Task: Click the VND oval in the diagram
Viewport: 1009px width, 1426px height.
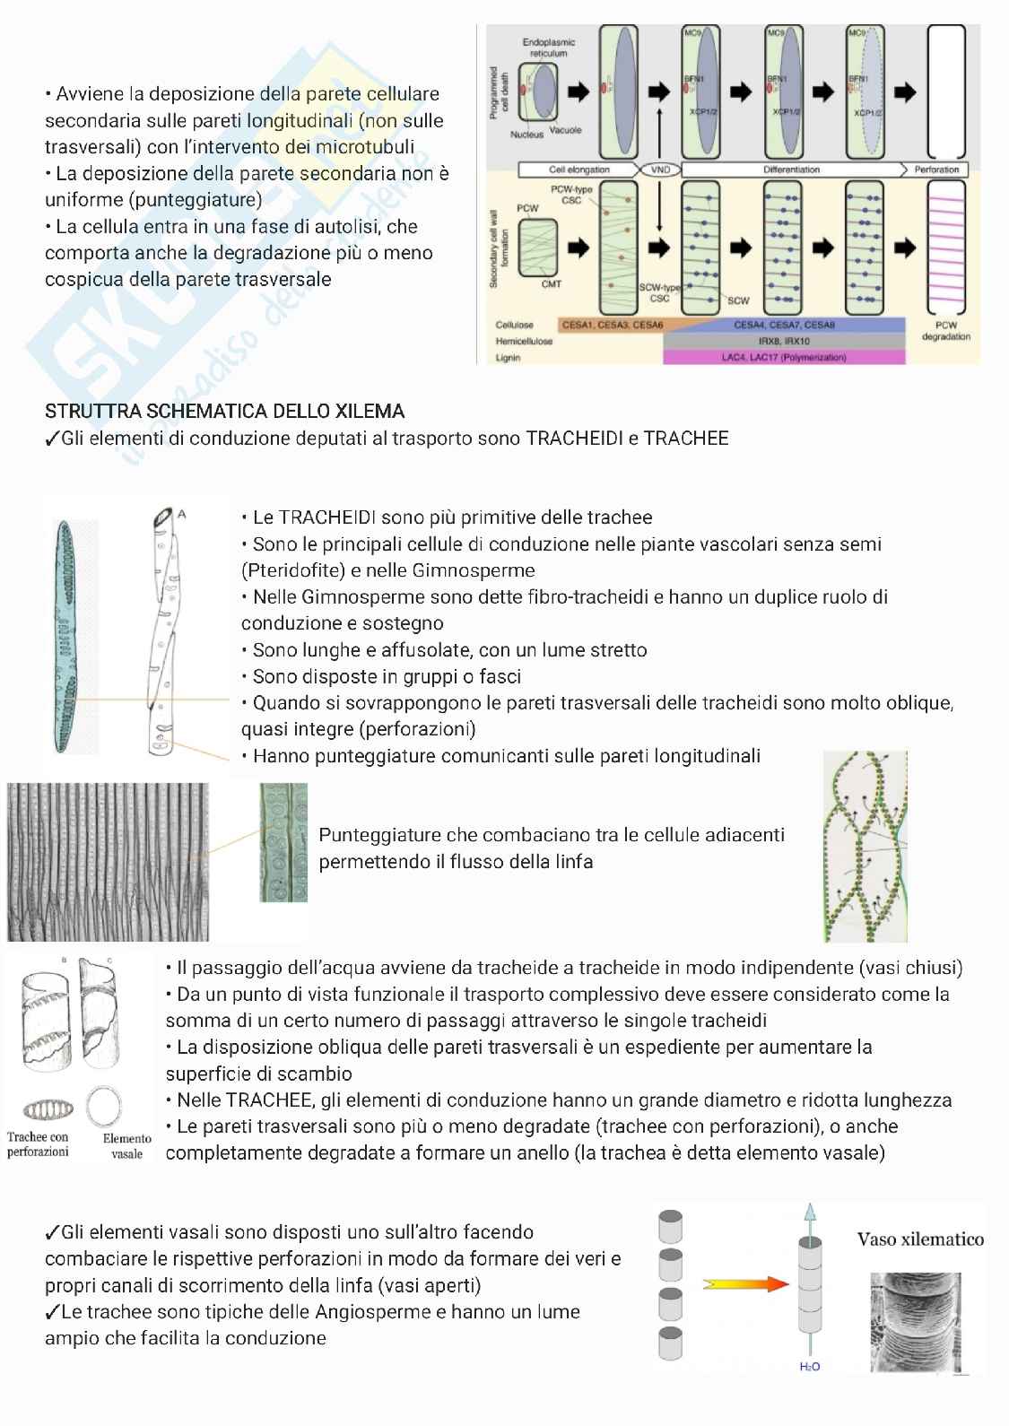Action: click(x=659, y=170)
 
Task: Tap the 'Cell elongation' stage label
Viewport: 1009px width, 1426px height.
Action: click(x=579, y=170)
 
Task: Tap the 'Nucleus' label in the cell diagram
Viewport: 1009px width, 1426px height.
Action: click(x=526, y=135)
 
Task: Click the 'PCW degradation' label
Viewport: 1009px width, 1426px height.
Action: click(x=946, y=331)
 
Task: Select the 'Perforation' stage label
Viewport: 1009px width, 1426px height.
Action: click(x=936, y=170)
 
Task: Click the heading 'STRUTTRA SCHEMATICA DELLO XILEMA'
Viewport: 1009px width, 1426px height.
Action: click(x=224, y=412)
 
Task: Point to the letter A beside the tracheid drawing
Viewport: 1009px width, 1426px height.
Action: click(x=182, y=513)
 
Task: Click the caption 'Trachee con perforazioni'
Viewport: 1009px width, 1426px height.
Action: click(x=38, y=1143)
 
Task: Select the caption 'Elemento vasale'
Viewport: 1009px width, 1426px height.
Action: click(x=126, y=1145)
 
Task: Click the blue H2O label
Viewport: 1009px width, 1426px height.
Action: click(x=809, y=1367)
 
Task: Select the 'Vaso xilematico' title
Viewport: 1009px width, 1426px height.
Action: click(x=920, y=1239)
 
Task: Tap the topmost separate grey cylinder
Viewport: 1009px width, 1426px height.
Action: click(x=670, y=1226)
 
